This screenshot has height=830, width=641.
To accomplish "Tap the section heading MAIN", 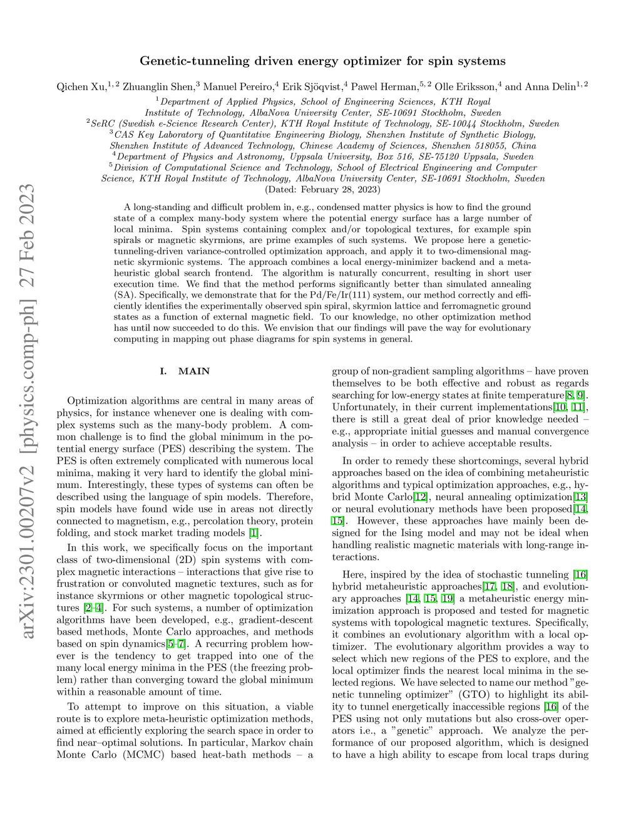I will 194,371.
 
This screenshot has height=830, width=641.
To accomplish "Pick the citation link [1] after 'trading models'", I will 253,533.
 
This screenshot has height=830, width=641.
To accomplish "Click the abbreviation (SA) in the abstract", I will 125,295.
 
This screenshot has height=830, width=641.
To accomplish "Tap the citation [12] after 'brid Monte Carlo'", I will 421,497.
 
